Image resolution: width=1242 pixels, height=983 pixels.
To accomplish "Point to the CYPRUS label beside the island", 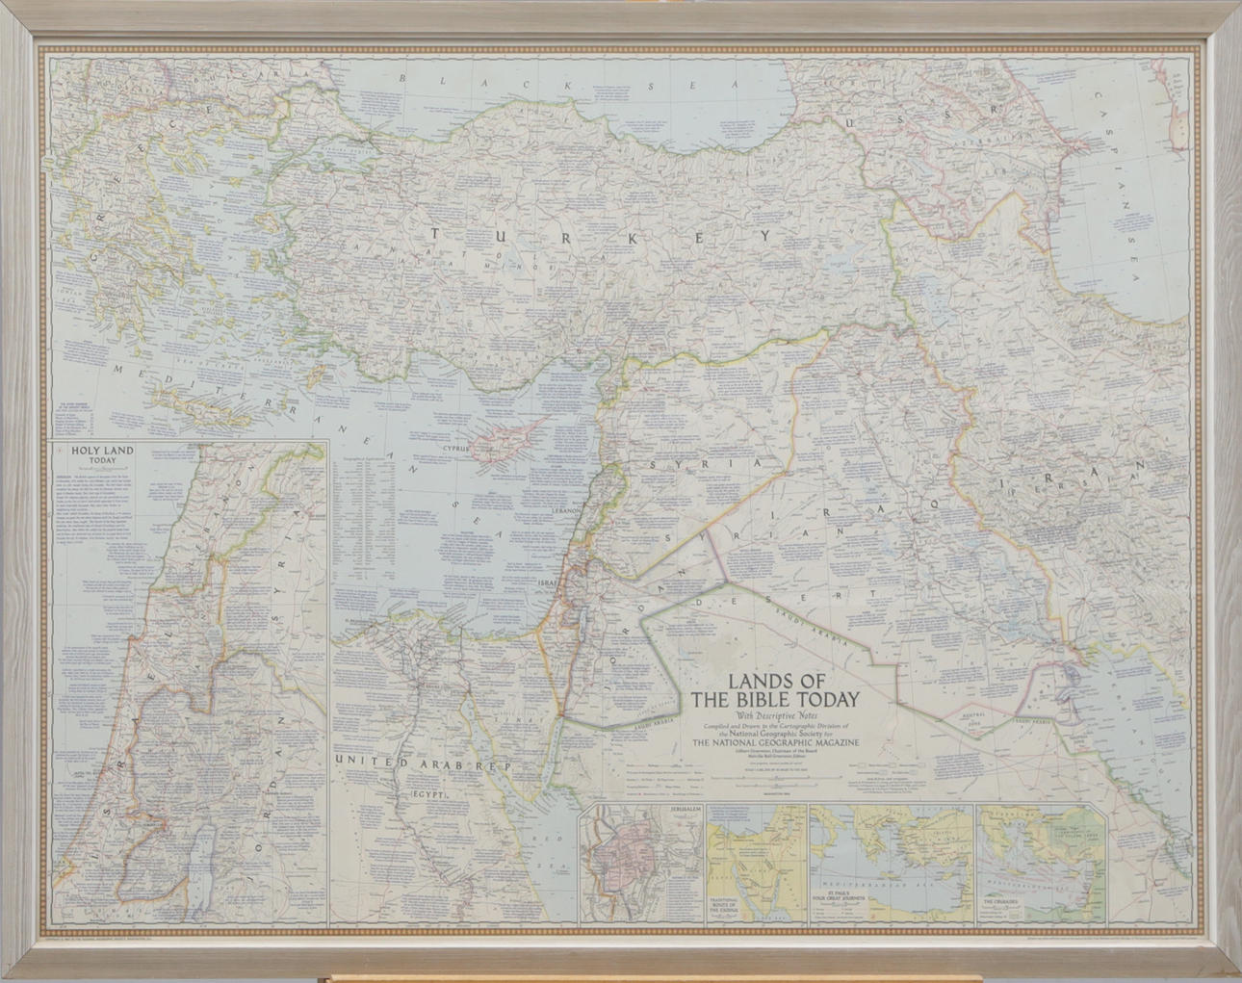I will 455,448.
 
